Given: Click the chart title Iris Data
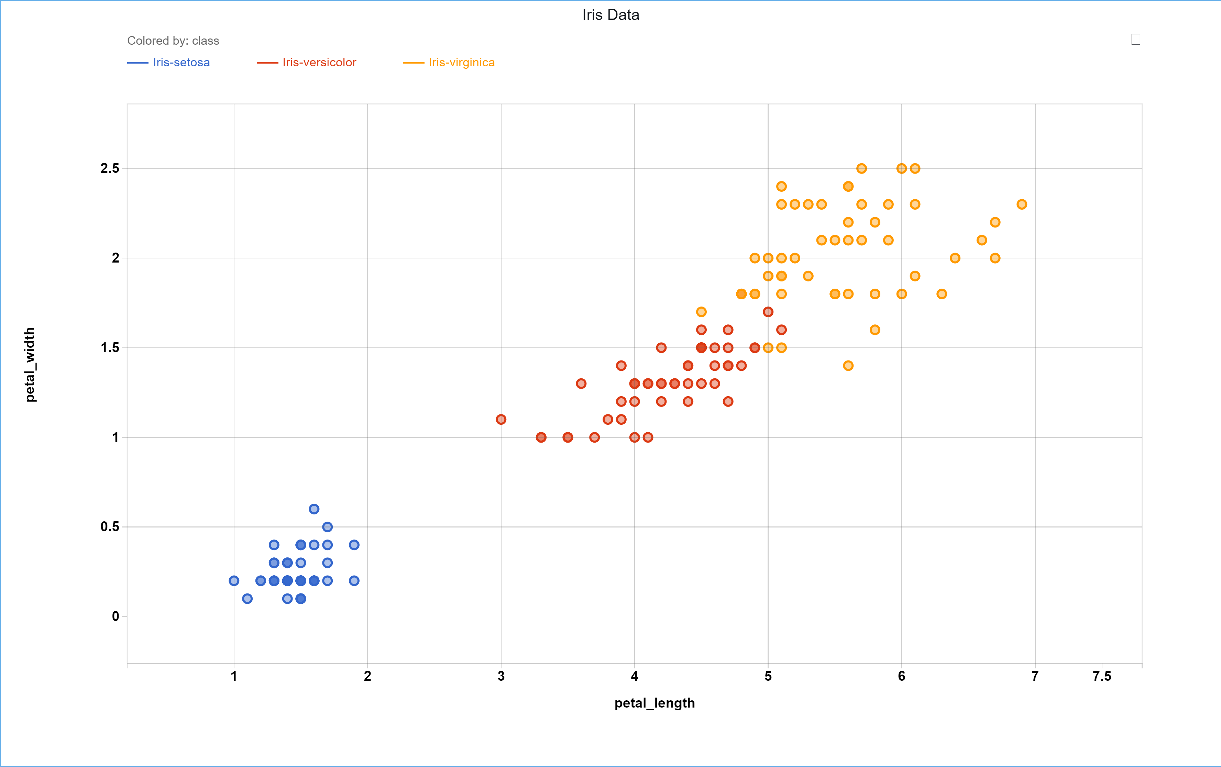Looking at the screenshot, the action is (610, 15).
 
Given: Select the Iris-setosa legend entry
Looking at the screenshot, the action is (168, 62).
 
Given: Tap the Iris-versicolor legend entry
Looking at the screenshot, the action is (306, 62).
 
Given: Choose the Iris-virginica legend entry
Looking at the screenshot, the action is (449, 62).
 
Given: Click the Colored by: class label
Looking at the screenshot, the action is (173, 41).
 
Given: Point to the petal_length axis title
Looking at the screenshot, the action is (654, 703).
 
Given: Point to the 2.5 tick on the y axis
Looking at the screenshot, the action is (110, 168).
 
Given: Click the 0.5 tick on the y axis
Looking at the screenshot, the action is (110, 527).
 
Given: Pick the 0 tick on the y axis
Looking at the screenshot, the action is (115, 616).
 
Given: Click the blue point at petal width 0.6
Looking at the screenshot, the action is (314, 509).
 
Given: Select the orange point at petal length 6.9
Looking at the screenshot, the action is (1022, 204).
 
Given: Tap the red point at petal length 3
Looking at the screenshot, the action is (501, 419).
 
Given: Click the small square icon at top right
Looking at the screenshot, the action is (1136, 39).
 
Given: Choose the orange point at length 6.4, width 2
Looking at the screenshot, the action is (955, 258).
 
